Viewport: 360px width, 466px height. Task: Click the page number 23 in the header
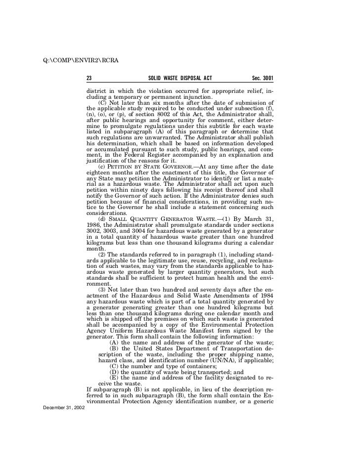(90, 79)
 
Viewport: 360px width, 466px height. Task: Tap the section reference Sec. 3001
(263, 79)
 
